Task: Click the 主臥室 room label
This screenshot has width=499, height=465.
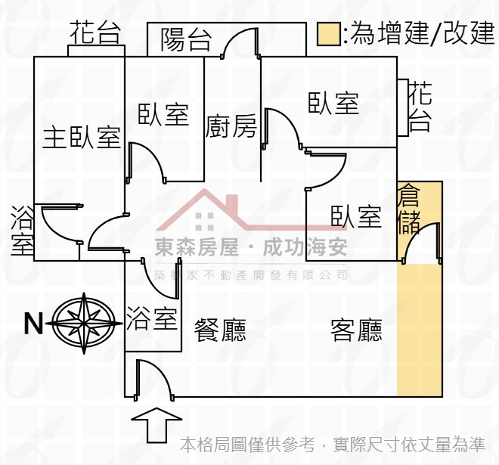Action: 82,138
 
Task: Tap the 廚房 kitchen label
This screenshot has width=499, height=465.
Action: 231,126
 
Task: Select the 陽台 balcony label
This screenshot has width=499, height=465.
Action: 186,40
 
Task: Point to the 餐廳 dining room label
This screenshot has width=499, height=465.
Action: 220,330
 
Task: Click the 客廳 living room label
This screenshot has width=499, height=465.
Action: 356,330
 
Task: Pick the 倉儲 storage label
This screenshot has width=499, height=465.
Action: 409,209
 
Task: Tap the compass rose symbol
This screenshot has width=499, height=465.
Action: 84,323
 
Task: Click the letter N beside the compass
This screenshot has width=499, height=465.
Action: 33,324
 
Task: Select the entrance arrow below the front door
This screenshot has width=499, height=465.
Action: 157,425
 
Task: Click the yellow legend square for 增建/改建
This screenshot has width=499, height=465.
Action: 328,34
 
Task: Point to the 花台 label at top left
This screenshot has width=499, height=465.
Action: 95,33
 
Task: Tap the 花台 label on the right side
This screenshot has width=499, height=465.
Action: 420,107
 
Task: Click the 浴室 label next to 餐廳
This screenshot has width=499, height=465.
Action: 152,318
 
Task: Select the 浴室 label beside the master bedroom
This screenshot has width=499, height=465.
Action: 22,231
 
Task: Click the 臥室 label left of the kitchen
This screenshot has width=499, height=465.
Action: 163,114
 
